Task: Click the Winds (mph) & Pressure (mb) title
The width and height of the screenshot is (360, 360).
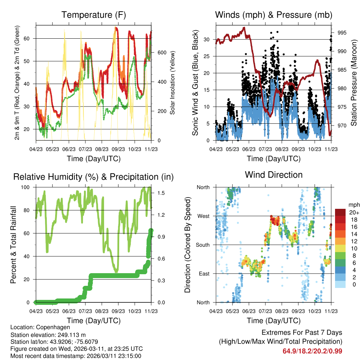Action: pos(274,15)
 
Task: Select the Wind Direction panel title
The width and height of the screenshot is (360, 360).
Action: pos(274,175)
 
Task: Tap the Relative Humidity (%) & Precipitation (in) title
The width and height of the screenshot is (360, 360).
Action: pos(93,177)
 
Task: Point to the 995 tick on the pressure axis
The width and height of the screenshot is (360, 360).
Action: pos(342,33)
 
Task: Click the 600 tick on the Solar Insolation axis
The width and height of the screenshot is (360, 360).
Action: pos(161,52)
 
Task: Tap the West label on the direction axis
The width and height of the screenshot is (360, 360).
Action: pos(203,216)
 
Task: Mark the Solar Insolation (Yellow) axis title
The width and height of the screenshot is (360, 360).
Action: pos(173,83)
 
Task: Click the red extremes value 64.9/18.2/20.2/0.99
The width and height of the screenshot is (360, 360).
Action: pos(312,351)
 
